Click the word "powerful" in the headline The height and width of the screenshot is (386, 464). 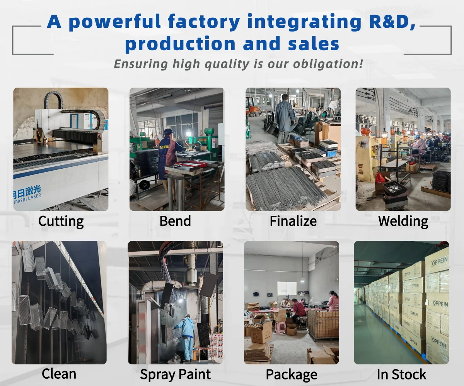click(114, 22)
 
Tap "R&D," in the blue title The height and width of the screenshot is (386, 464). click(392, 22)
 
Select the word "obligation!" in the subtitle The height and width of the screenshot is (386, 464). click(328, 64)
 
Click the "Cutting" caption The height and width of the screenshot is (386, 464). click(61, 222)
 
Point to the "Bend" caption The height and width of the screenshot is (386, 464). click(175, 221)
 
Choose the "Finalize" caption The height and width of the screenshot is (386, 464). click(293, 221)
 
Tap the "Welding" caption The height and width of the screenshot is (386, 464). click(403, 222)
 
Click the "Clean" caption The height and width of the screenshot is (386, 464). click(59, 374)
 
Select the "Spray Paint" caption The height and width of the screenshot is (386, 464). click(175, 375)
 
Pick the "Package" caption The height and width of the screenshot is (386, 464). click(292, 375)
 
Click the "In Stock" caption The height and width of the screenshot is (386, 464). click(402, 374)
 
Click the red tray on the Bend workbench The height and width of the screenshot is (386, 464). click(191, 164)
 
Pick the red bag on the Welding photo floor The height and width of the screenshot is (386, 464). click(380, 178)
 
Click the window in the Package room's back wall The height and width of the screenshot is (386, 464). click(287, 288)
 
